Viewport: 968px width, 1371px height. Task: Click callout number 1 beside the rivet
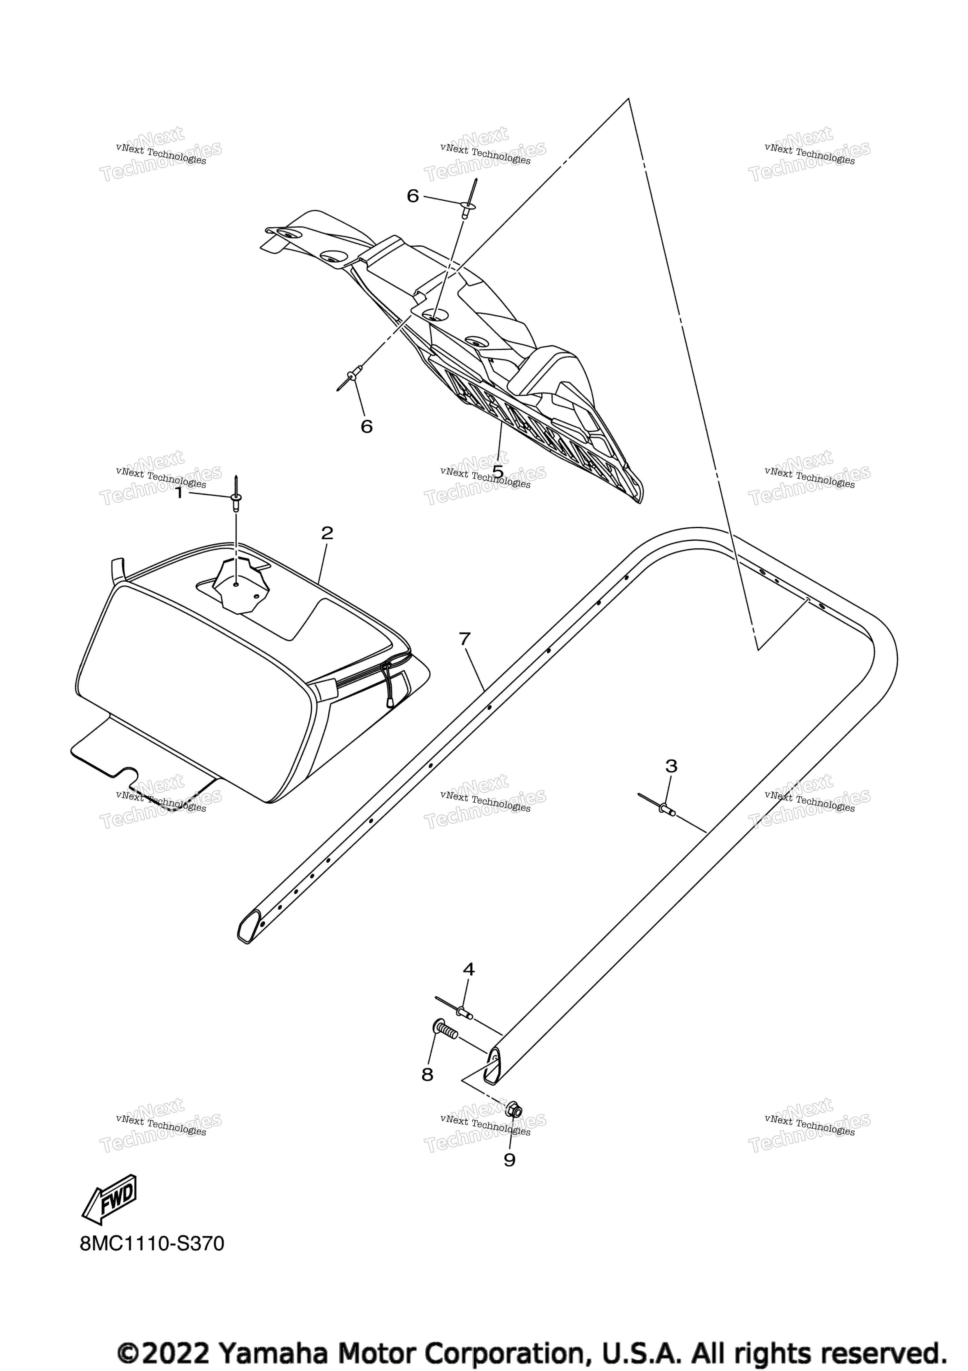(179, 493)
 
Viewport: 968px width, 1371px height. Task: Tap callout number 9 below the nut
(510, 1160)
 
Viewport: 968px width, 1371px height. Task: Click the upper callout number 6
(413, 196)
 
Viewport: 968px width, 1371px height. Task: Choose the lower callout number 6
(367, 426)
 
